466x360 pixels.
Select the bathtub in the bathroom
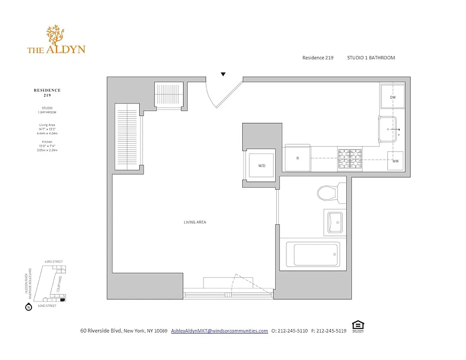316,255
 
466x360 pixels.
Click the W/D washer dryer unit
262,166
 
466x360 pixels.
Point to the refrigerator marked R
298,158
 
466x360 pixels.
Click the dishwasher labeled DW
393,97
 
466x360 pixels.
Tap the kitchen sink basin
388,130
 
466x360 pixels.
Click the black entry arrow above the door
223,74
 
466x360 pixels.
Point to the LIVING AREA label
195,222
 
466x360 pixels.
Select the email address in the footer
219,331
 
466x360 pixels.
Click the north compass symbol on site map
28,307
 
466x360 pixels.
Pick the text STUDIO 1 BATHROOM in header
371,58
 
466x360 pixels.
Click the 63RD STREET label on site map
53,261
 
